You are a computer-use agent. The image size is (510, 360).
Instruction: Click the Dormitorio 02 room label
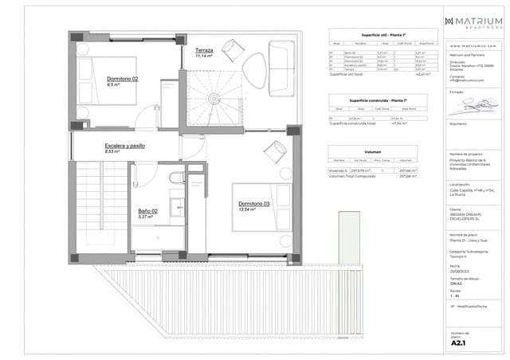[123, 79]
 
